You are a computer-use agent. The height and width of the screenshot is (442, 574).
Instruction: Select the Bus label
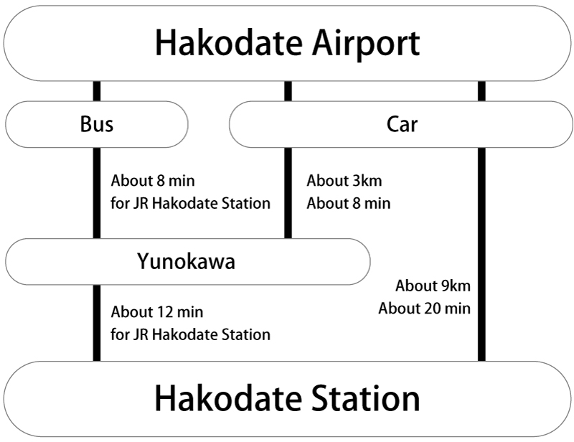click(96, 125)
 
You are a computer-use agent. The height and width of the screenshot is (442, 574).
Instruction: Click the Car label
click(402, 125)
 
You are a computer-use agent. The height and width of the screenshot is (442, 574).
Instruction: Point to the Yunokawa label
click(186, 262)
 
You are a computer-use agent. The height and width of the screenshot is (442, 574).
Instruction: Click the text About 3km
click(344, 181)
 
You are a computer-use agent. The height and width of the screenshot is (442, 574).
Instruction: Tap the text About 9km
click(433, 286)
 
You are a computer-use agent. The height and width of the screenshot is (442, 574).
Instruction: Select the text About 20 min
click(424, 309)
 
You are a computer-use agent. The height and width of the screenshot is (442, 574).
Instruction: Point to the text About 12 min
click(157, 312)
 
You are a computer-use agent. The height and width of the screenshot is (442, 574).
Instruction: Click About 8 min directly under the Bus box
click(153, 181)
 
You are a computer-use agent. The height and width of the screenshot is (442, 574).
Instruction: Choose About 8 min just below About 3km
click(349, 203)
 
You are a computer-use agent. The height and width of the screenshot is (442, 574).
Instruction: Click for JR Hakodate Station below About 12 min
click(191, 334)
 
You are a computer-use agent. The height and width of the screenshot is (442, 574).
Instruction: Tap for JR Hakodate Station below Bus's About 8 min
click(191, 203)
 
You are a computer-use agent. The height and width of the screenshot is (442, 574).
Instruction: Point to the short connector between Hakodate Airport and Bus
click(97, 91)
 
